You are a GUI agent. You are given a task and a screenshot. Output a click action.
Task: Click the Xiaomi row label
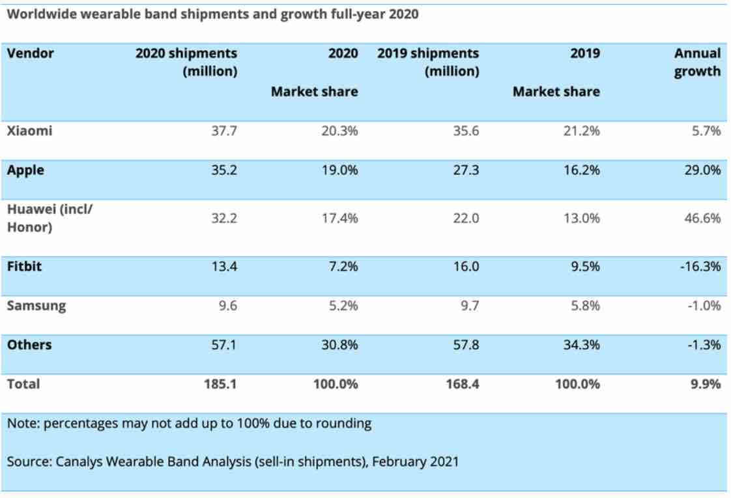pyautogui.click(x=29, y=131)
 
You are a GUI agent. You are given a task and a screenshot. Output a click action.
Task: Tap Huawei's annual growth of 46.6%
pyautogui.click(x=704, y=218)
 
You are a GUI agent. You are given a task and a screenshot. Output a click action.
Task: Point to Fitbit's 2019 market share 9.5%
pyautogui.click(x=582, y=267)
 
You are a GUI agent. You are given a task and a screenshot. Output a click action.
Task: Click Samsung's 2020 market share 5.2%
pyautogui.click(x=341, y=305)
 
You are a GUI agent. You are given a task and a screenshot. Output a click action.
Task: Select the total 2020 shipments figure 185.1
pyautogui.click(x=220, y=384)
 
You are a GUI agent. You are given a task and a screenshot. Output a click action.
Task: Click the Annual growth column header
pyautogui.click(x=697, y=63)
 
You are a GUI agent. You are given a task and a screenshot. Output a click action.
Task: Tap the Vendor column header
pyautogui.click(x=31, y=53)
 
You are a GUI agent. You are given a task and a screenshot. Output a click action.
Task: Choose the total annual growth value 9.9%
pyautogui.click(x=706, y=384)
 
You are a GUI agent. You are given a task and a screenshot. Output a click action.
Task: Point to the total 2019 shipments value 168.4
pyautogui.click(x=461, y=384)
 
